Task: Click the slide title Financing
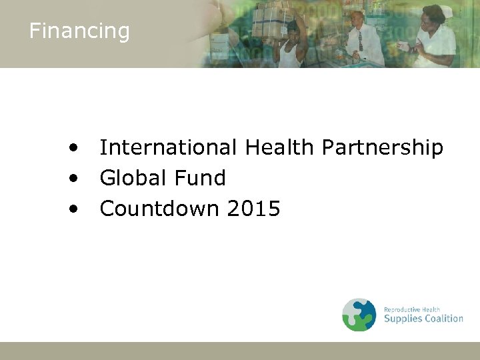[x=79, y=31]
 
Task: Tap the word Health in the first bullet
[x=280, y=147]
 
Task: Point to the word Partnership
[x=383, y=147]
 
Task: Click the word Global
[x=130, y=178]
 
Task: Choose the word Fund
[x=199, y=178]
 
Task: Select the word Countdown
[x=159, y=209]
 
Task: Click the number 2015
[x=253, y=209]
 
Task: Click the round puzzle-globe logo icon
[x=359, y=315]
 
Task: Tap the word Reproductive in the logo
[x=401, y=309]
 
